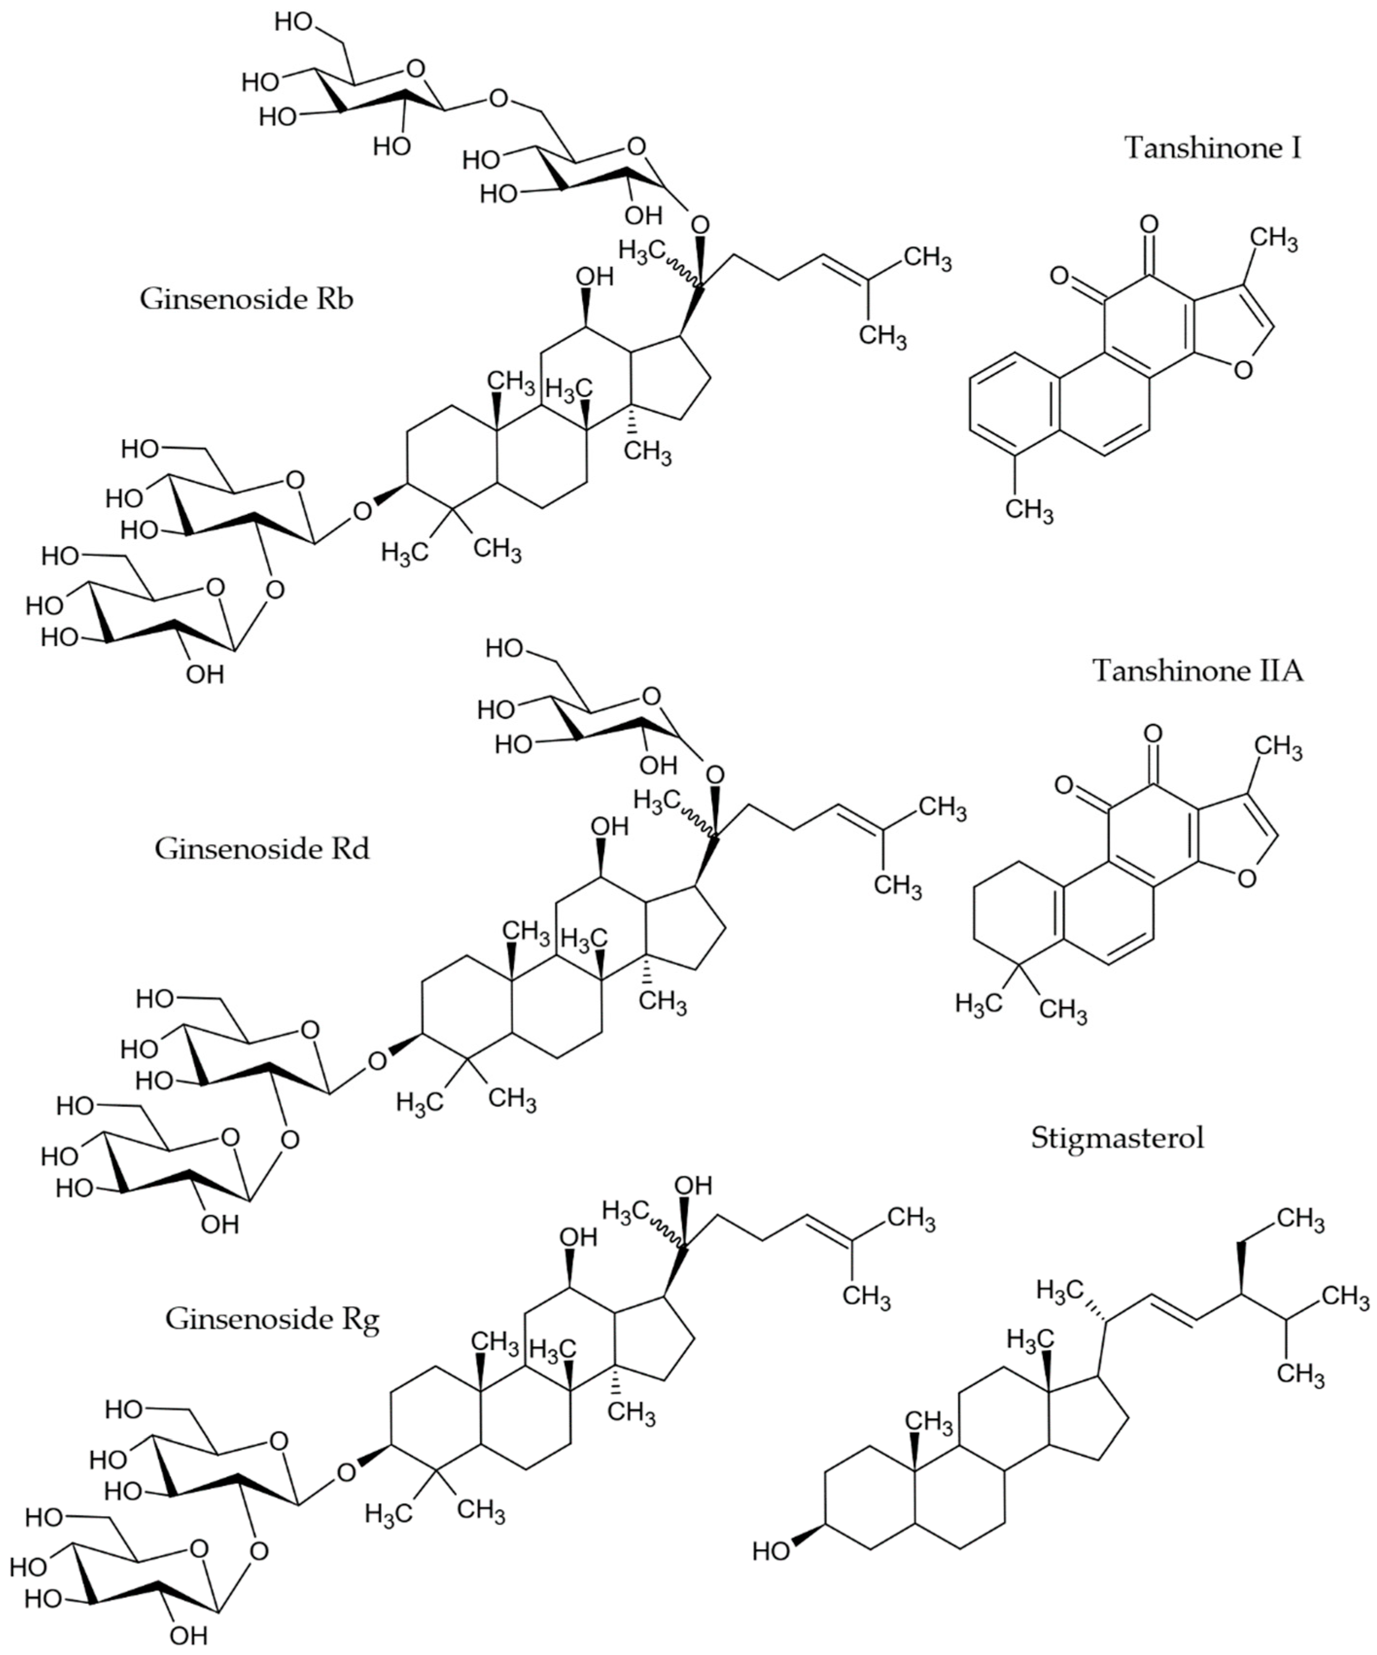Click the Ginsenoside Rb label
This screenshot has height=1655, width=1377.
(246, 299)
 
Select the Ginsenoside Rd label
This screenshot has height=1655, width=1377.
(261, 849)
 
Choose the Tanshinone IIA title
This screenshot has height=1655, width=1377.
(1197, 670)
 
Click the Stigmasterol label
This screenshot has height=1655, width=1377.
(1117, 1138)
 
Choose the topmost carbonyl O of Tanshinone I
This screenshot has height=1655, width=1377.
(1149, 225)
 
